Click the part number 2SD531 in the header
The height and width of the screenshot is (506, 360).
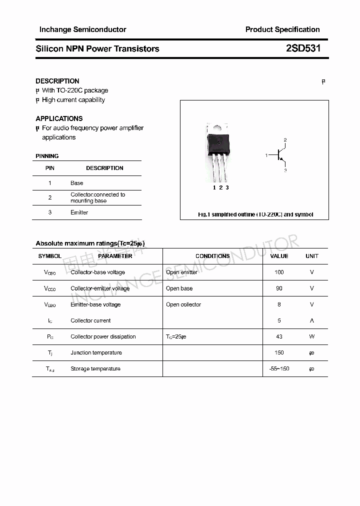tap(303, 48)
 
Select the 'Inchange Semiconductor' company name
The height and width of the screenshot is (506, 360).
tap(82, 29)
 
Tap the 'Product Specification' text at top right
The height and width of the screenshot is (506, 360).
tap(282, 29)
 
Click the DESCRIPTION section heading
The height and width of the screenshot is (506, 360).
tap(57, 81)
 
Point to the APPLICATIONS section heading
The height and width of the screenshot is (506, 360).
tap(59, 118)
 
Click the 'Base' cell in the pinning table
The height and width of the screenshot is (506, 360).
tap(76, 183)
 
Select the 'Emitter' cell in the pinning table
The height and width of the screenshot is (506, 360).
tap(79, 212)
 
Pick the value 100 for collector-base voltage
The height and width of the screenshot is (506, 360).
tap(279, 272)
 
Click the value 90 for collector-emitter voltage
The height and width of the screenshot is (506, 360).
tap(279, 288)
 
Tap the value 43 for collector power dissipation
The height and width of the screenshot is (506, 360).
tap(279, 336)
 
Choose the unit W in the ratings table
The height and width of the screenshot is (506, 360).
tap(311, 336)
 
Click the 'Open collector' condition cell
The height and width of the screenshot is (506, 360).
tap(183, 304)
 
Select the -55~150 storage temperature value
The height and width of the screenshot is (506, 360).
tap(279, 369)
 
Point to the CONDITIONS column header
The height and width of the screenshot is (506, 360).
tap(212, 256)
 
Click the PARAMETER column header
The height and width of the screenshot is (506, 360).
tap(115, 256)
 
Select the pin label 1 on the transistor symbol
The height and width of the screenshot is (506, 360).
tap(267, 155)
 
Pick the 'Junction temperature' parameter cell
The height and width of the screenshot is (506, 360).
tap(96, 352)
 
